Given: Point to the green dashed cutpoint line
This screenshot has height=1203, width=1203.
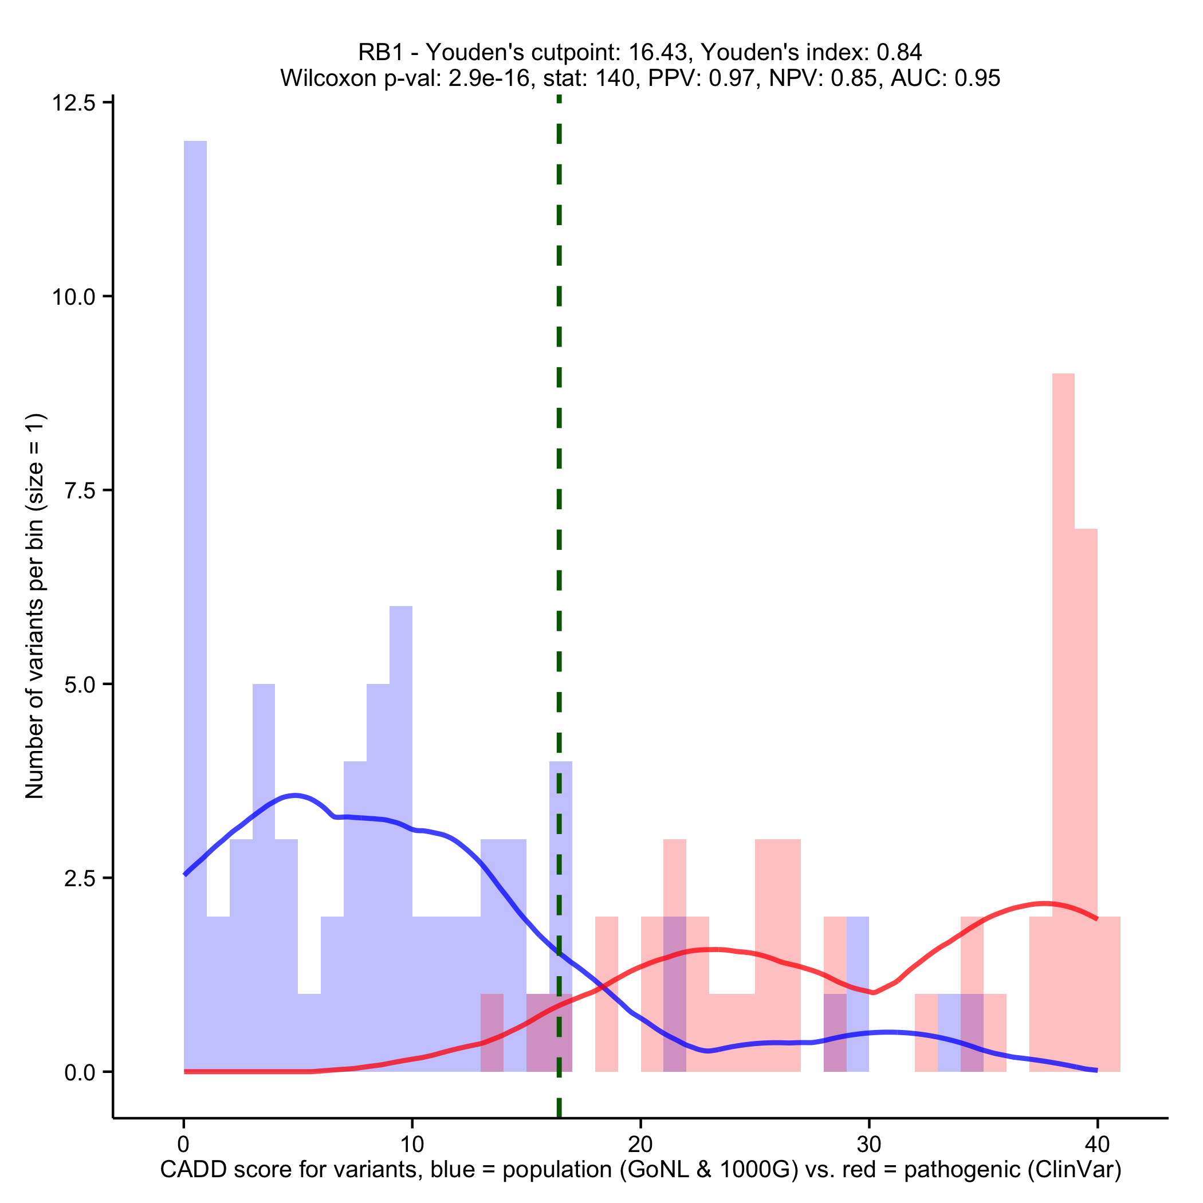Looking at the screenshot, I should [x=559, y=436].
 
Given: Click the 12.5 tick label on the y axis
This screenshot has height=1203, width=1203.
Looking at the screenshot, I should [x=73, y=103].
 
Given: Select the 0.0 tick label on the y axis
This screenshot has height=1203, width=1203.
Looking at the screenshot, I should [x=80, y=1072].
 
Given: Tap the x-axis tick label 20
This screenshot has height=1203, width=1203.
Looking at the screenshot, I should [x=640, y=1145].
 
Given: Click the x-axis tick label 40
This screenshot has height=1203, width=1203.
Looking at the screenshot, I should [x=1097, y=1145].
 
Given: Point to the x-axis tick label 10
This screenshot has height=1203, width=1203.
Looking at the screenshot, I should [x=411, y=1145].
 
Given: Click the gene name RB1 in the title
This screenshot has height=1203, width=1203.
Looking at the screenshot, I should [x=380, y=52].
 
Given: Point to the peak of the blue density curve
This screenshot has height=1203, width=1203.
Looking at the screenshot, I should [x=296, y=795].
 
